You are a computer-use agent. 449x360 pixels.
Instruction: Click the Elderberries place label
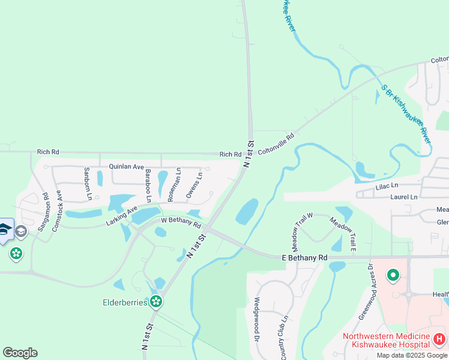[x=124, y=302]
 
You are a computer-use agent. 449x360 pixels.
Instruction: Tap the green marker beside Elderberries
[x=157, y=301]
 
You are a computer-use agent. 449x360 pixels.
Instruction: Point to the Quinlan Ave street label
[x=126, y=166]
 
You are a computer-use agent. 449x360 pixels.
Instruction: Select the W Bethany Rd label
[x=180, y=222]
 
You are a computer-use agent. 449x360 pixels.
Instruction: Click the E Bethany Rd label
[x=304, y=257]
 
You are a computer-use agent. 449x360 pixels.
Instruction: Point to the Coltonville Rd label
[x=277, y=145]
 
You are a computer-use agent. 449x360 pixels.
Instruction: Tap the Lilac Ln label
[x=387, y=187]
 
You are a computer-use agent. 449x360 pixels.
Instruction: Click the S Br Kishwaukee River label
[x=407, y=113]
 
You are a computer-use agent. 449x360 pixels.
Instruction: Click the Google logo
[x=20, y=353]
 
